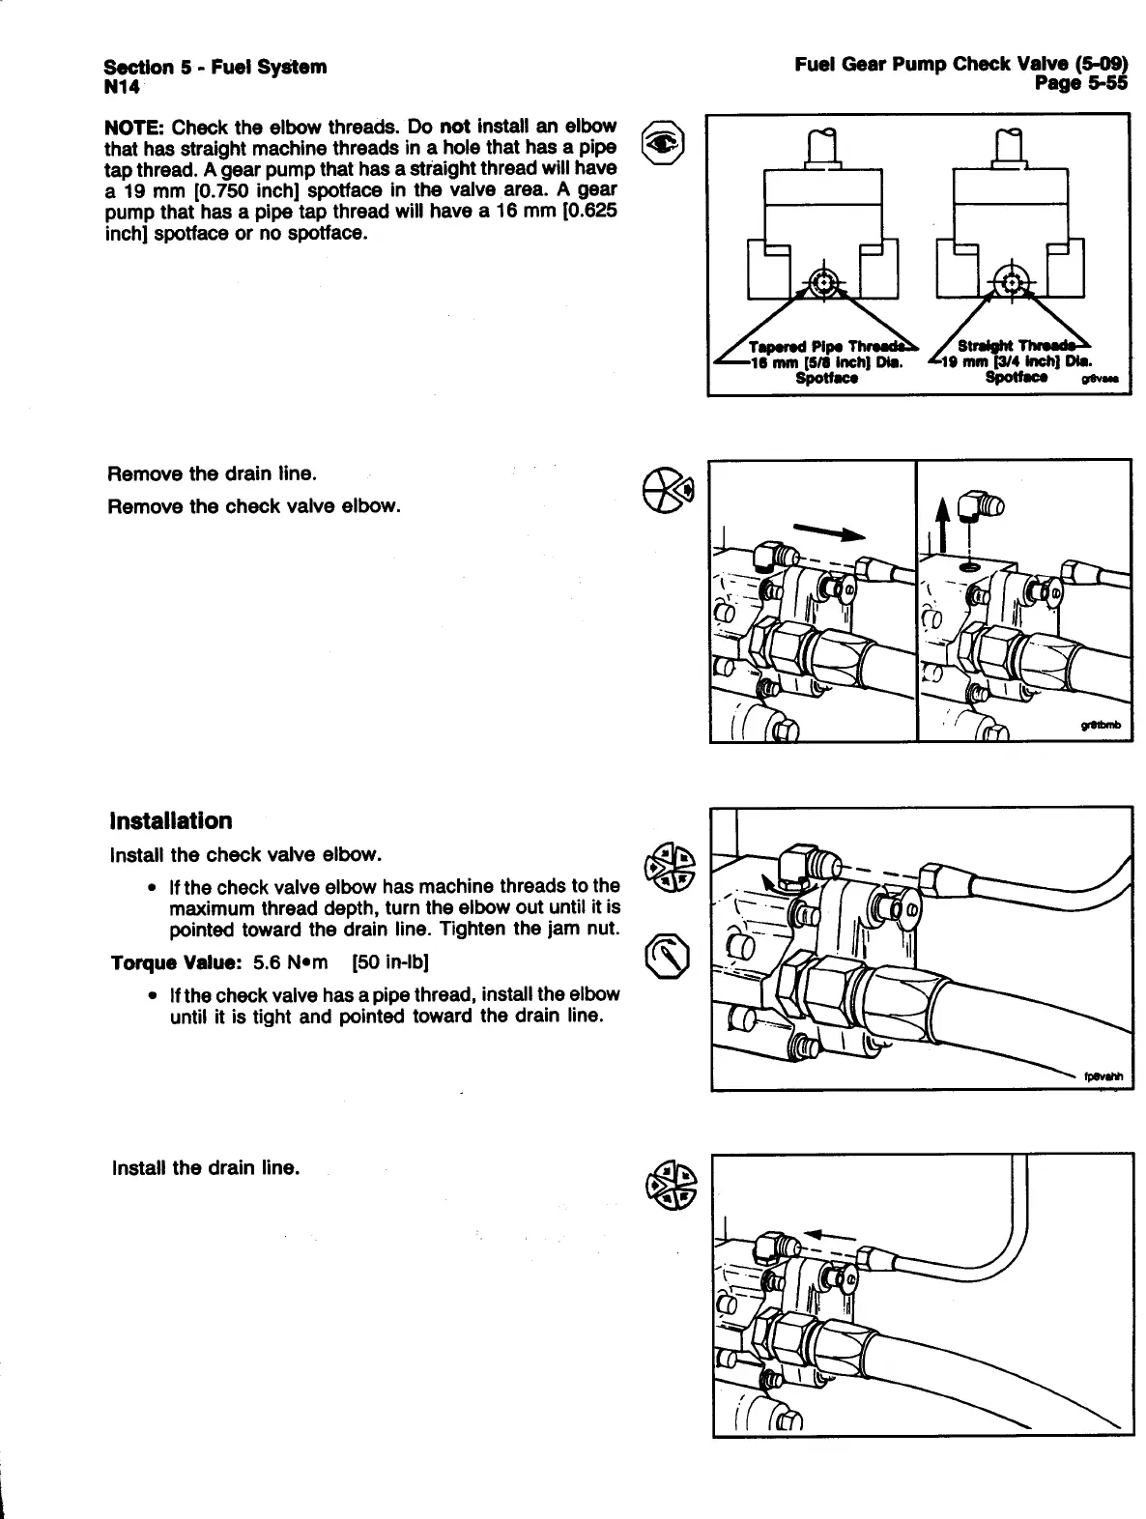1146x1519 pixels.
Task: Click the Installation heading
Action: tap(171, 821)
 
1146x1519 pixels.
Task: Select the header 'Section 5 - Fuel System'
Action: tap(215, 67)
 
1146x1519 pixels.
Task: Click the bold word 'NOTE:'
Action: tap(134, 128)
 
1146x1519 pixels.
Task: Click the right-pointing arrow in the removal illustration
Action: tap(828, 531)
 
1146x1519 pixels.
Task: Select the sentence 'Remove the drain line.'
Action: tap(212, 474)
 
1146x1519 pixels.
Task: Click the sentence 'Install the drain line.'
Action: tap(206, 1167)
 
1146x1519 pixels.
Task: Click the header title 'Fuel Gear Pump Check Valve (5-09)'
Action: tap(960, 65)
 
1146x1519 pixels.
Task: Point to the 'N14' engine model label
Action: tap(122, 87)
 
